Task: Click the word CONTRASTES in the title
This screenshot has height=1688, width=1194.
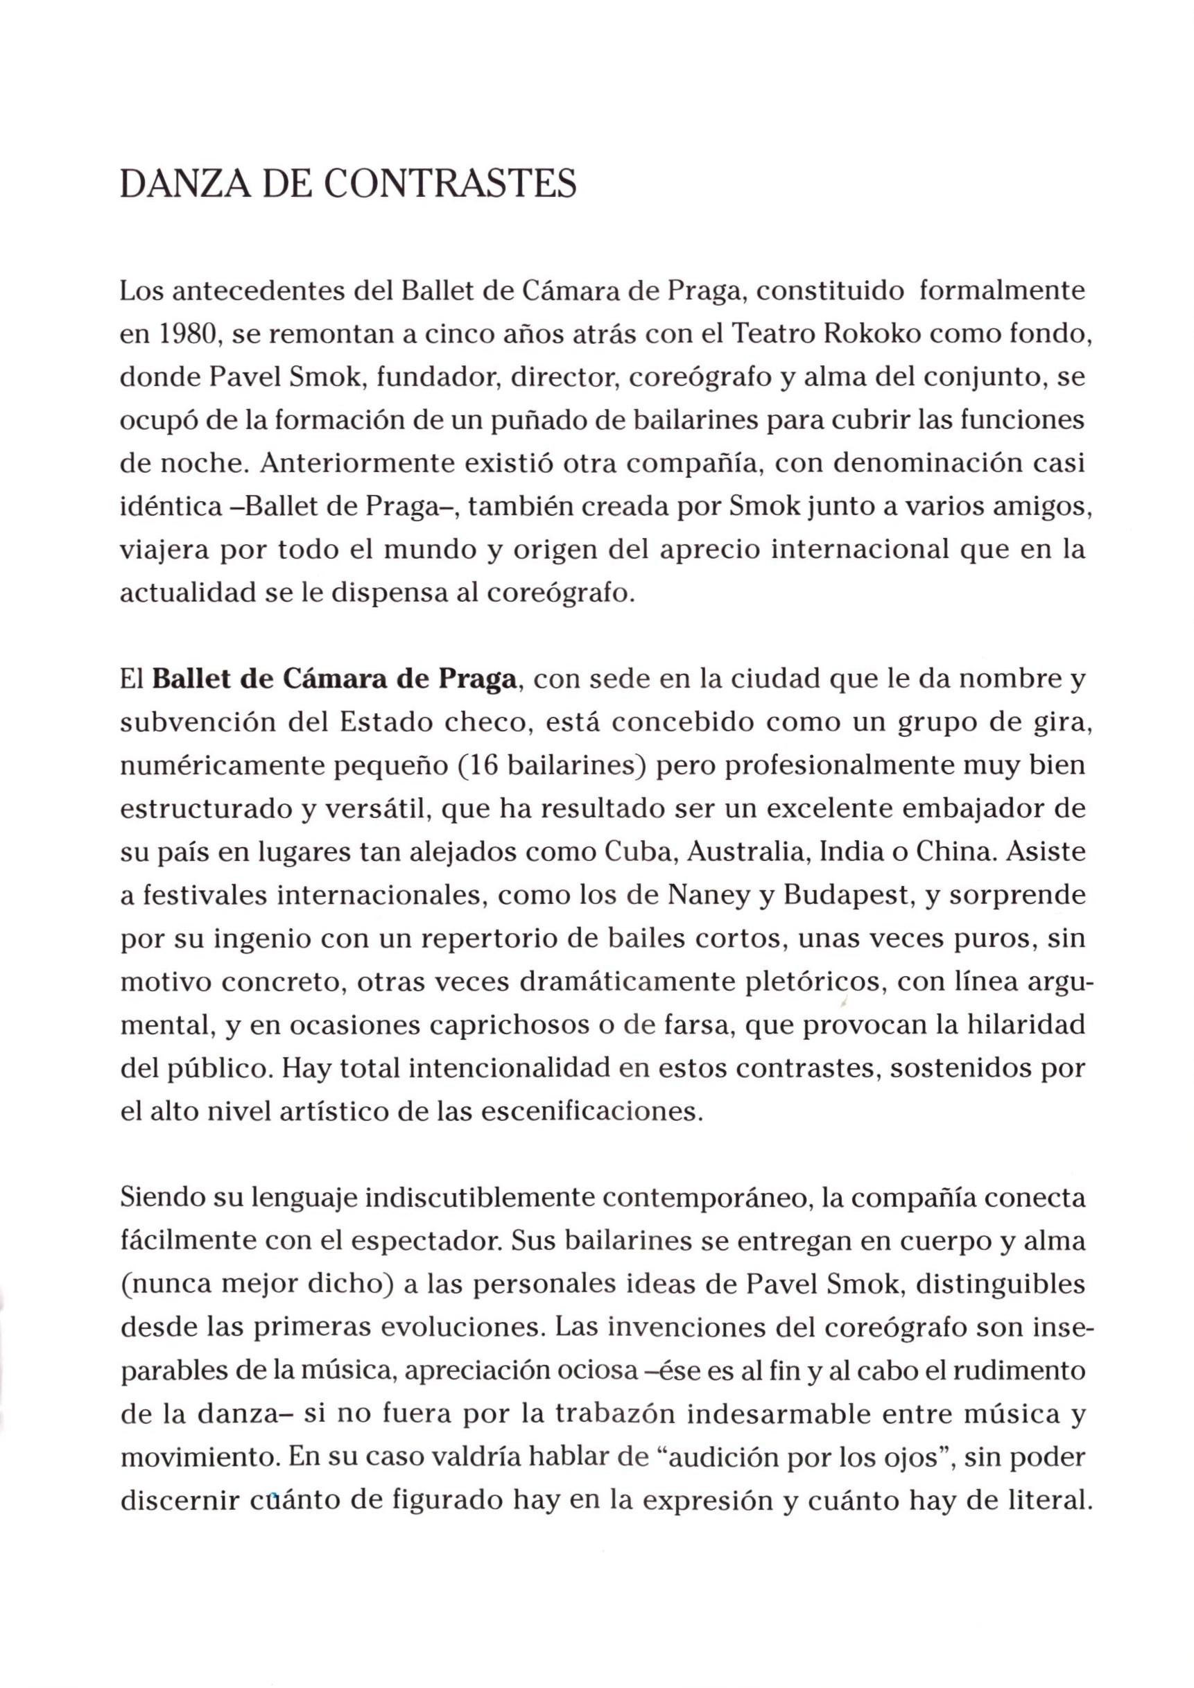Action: click(x=450, y=184)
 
